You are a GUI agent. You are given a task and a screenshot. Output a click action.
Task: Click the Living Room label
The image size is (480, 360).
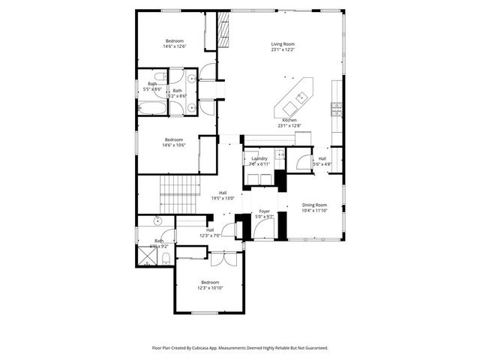[282, 44]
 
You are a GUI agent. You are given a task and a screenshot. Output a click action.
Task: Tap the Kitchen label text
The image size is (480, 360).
[289, 121]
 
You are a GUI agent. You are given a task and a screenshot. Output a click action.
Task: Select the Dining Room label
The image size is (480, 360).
[314, 205]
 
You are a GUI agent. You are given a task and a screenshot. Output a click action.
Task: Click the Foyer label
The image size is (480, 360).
[265, 212]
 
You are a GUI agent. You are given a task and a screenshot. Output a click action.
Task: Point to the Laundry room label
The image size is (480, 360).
[259, 158]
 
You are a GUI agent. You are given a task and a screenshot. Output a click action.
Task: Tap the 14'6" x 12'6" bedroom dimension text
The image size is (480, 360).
[174, 46]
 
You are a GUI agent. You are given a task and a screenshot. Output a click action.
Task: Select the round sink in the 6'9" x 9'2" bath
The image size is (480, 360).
[157, 221]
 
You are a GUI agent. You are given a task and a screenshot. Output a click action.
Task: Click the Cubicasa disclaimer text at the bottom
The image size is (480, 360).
[240, 348]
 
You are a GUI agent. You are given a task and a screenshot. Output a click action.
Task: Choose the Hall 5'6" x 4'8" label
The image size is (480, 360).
[322, 161]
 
